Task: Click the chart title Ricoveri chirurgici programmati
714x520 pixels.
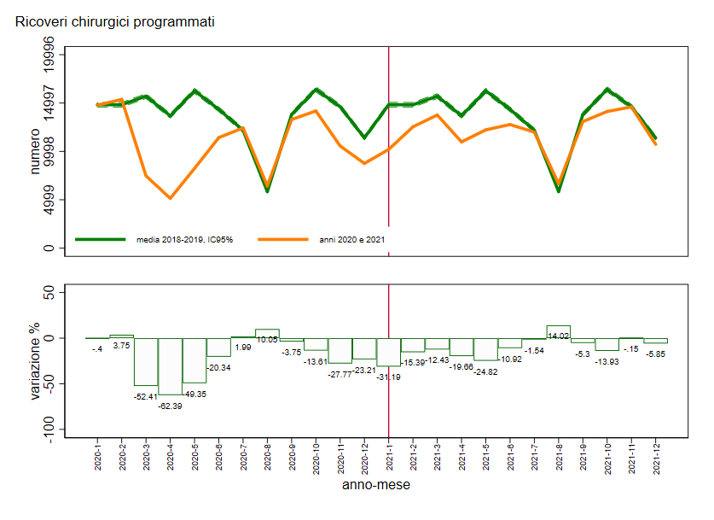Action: click(114, 21)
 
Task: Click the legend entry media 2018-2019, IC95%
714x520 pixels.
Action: click(184, 240)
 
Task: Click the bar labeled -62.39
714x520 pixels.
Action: click(170, 366)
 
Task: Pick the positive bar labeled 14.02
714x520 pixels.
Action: click(558, 332)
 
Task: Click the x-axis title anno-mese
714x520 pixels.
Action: click(375, 485)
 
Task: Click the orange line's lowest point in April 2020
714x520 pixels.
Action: click(170, 198)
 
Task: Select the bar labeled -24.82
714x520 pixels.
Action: click(485, 349)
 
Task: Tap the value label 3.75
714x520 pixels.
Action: click(121, 346)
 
